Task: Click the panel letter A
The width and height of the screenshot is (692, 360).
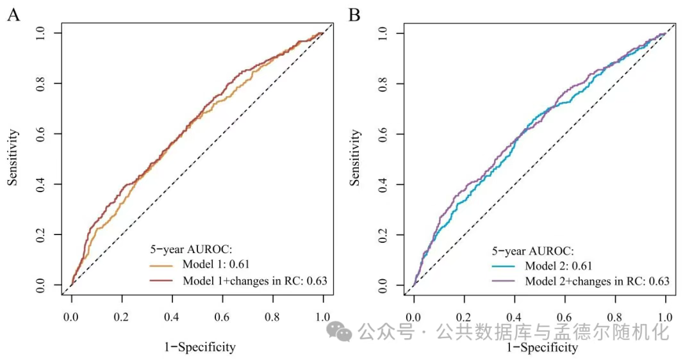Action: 13,15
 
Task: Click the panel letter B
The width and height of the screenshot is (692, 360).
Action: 354,15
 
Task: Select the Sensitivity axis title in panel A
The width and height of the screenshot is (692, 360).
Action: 13,157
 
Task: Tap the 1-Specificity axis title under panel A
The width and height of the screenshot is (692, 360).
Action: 199,348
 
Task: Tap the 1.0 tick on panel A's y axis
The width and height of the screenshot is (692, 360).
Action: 40,32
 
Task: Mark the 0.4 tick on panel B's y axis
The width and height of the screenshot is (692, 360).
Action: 382,184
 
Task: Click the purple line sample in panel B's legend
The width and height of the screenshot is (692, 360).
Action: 505,281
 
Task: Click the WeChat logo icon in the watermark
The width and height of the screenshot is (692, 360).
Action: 339,331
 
